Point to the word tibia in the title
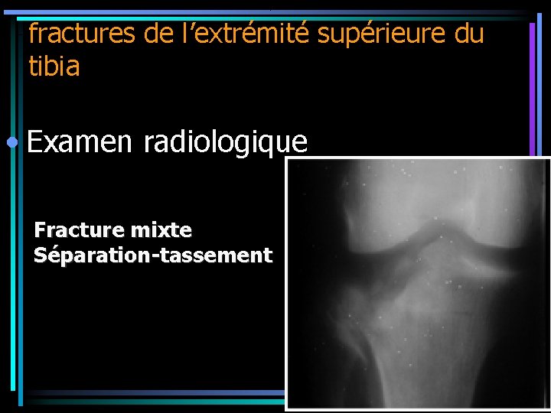coord(54,67)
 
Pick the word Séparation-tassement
coord(153,255)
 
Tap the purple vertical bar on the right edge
coord(532,84)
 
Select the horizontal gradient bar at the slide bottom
coord(153,396)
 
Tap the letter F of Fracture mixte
coord(40,229)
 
